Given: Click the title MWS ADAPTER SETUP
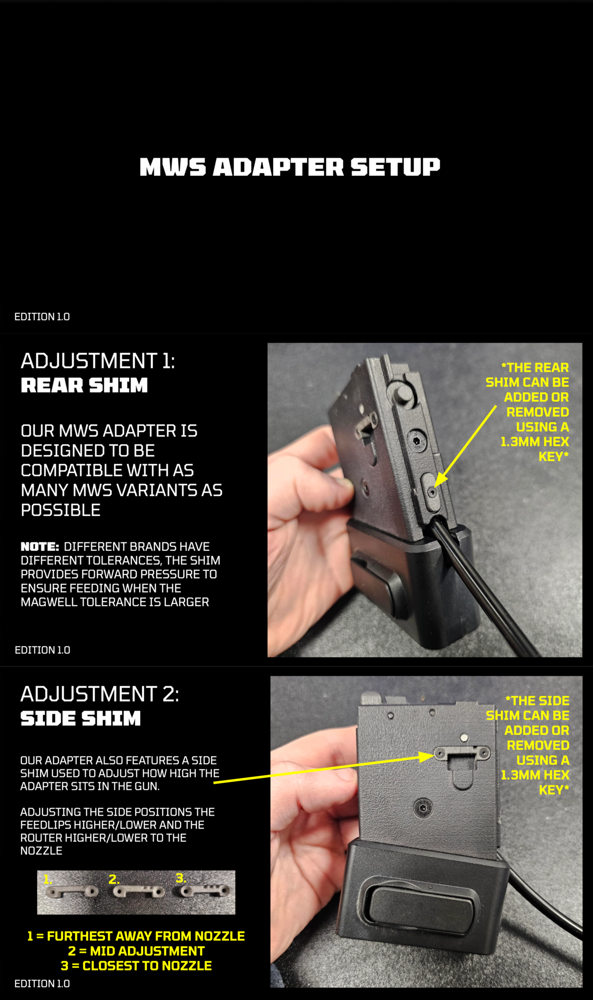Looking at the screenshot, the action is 290,167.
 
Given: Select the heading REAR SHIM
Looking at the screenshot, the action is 84,385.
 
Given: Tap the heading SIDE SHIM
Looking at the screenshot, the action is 81,718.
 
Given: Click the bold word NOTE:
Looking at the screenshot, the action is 40,546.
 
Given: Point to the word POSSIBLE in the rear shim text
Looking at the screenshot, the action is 61,510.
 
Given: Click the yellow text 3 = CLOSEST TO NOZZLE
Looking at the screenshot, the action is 136,966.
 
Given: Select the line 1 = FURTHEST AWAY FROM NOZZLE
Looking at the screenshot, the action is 136,936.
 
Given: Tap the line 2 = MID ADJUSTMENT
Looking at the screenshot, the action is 136,951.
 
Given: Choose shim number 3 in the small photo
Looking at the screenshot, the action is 205,891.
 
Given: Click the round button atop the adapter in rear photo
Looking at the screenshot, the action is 402,394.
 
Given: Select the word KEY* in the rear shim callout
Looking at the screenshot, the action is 554,457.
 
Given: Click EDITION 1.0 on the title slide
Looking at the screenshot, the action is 42,316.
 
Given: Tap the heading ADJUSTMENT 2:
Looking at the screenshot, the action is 100,694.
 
